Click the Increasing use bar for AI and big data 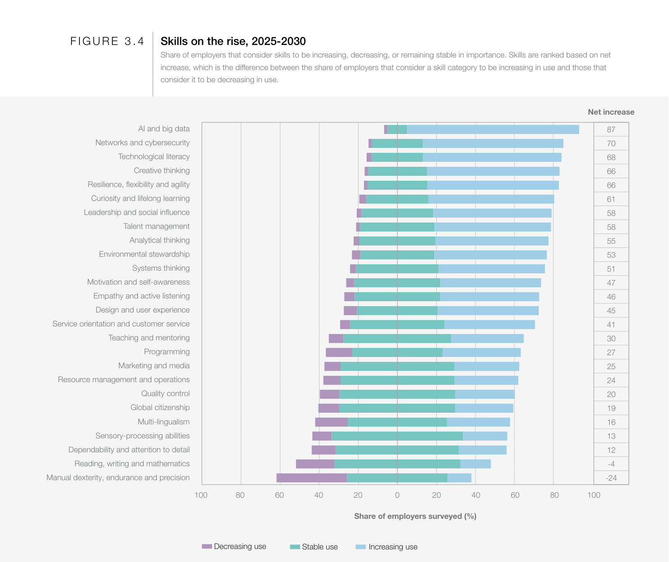(493, 129)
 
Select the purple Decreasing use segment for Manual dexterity (311, 478)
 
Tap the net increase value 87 (611, 129)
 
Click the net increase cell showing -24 (611, 478)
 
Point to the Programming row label (167, 352)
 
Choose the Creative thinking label (161, 170)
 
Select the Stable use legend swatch (295, 547)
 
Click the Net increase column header (611, 112)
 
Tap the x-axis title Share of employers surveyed (415, 516)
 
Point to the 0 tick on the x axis (397, 495)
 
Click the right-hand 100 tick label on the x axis (594, 495)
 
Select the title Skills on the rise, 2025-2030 (233, 41)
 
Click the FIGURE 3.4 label (107, 41)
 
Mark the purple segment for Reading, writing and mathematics (315, 464)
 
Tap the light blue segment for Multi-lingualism (478, 422)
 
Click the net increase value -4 (611, 464)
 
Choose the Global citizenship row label (160, 407)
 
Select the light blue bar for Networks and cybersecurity (493, 143)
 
